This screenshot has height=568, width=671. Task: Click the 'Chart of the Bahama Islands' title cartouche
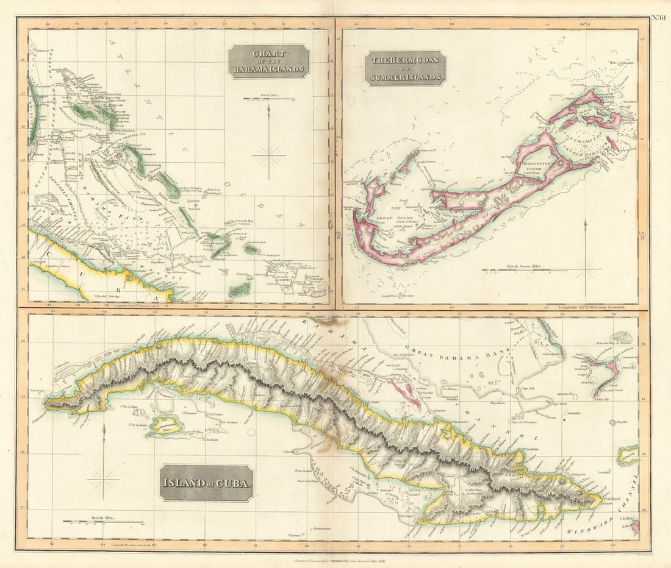pyautogui.click(x=269, y=61)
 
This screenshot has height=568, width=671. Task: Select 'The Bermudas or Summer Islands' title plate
pyautogui.click(x=405, y=68)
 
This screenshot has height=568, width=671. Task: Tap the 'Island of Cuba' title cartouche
pyautogui.click(x=206, y=483)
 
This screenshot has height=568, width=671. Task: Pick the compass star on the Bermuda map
pyautogui.click(x=585, y=268)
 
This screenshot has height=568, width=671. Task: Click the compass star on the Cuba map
pyautogui.click(x=103, y=480)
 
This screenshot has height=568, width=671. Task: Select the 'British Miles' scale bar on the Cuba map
pyautogui.click(x=102, y=522)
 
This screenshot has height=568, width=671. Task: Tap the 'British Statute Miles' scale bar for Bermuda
pyautogui.click(x=525, y=269)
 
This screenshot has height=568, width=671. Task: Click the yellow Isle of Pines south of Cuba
pyautogui.click(x=165, y=425)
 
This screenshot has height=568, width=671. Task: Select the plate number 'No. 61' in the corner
pyautogui.click(x=658, y=17)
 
